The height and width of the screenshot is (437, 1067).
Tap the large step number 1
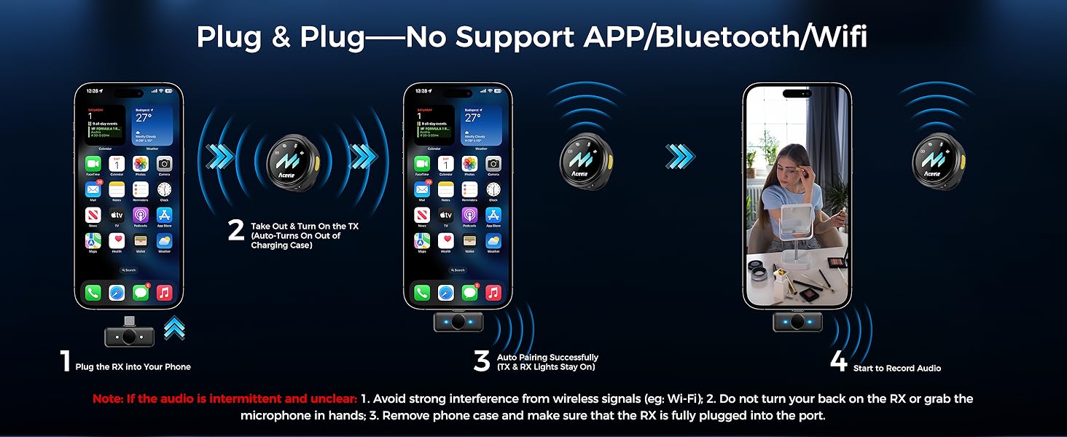tap(65, 362)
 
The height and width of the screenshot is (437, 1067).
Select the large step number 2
tap(235, 230)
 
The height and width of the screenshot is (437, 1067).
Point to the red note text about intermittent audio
tap(224, 399)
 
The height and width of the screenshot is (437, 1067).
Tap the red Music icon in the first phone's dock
tap(165, 293)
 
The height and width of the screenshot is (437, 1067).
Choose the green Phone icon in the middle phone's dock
tap(422, 293)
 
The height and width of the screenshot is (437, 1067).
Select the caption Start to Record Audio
tap(896, 369)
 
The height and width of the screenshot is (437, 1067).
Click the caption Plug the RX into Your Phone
tap(133, 367)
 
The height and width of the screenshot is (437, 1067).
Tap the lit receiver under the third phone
tap(797, 320)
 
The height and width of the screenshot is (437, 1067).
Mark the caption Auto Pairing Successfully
tap(547, 358)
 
